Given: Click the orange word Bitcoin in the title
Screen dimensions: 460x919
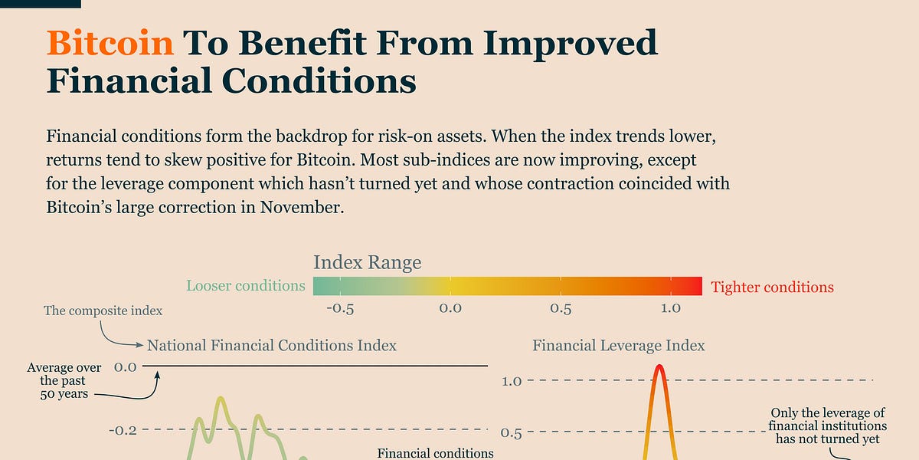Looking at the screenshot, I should tap(110, 43).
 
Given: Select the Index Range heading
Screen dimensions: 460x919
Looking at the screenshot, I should tap(367, 262).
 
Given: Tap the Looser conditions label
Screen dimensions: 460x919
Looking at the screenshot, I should tap(246, 286).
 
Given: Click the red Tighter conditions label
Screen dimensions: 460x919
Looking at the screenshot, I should tap(772, 287).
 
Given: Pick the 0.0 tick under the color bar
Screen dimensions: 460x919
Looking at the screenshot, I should tap(450, 308).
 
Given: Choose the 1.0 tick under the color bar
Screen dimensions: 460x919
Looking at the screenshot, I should tap(671, 308).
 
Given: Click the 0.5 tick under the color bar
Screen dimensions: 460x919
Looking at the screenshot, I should tap(561, 308).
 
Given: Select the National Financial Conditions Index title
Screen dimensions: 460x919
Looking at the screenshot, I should tap(272, 346).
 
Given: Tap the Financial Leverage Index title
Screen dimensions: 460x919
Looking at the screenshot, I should tap(619, 346).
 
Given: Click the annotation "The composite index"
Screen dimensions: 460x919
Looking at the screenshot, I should tap(103, 310).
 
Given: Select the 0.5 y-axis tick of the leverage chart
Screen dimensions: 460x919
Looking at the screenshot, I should tap(512, 434).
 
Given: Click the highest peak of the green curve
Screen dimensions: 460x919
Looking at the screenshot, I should tap(221, 399).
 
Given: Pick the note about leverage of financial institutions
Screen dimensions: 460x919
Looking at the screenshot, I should tap(828, 426).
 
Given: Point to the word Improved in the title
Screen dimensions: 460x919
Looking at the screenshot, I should tap(567, 43).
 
